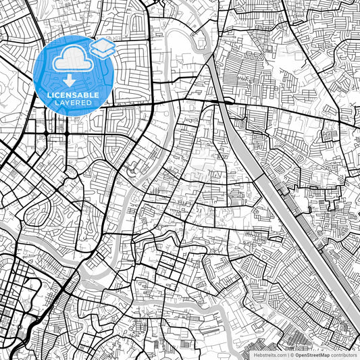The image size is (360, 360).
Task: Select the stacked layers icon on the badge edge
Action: point(101,47)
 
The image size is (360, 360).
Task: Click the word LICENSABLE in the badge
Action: point(72,95)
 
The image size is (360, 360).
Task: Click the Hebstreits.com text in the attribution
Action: point(269,355)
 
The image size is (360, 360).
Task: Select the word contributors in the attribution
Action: point(344,355)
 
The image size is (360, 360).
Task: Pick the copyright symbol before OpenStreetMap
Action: point(292,355)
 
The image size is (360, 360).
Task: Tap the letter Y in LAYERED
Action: point(70,103)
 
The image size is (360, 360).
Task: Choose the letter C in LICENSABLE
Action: point(58,95)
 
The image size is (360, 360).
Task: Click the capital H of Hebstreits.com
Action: point(255,355)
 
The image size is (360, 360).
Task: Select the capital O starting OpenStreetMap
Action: point(297,355)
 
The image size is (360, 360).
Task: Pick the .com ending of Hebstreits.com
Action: point(280,355)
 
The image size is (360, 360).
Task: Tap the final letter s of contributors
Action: point(357,355)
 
